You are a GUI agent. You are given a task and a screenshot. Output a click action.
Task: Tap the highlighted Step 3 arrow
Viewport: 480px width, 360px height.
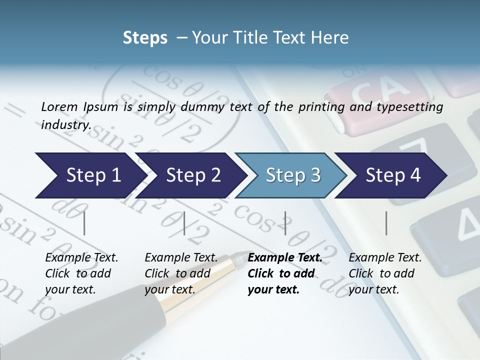293,175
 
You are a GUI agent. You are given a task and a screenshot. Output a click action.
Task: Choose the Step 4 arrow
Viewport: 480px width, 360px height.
393,175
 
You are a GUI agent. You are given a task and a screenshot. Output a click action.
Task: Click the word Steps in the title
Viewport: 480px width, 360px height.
145,37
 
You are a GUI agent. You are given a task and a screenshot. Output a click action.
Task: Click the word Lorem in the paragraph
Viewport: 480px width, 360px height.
58,106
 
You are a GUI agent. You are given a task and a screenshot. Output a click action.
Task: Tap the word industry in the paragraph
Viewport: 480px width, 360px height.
65,124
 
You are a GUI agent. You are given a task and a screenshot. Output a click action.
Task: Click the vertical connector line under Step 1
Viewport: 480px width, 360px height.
84,223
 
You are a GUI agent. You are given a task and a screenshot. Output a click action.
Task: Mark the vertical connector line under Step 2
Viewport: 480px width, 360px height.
184,223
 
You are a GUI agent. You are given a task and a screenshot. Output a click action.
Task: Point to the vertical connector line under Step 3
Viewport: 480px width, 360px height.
285,223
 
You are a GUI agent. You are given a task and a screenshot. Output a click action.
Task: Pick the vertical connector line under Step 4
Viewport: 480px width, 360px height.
386,223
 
